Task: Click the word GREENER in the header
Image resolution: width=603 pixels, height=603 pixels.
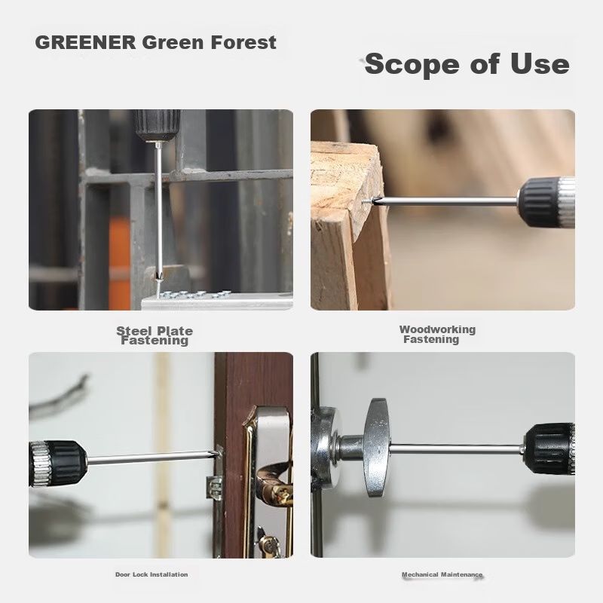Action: point(85,42)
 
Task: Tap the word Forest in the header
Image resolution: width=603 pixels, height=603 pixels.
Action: point(243,42)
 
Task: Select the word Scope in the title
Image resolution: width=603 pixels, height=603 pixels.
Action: point(412,64)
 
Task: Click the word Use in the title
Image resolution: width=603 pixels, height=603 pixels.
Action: point(540,64)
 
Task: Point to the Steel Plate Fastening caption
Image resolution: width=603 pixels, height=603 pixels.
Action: point(155,335)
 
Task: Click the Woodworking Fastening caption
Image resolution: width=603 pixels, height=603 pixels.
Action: point(437,334)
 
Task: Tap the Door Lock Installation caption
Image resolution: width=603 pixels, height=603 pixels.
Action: point(152,574)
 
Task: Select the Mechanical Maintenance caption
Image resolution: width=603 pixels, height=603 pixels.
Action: point(442,574)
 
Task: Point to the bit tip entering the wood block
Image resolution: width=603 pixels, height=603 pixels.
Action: point(369,200)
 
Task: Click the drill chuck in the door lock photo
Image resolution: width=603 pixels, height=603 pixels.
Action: point(58,463)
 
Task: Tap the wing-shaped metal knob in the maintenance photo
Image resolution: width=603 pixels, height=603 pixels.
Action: point(377,448)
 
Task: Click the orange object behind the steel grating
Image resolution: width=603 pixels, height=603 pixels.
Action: point(120,254)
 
